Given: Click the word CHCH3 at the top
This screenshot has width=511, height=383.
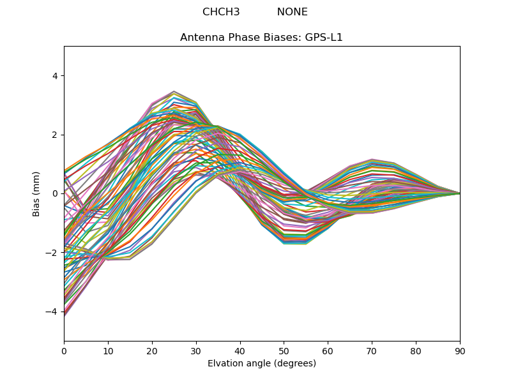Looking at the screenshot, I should click(221, 12).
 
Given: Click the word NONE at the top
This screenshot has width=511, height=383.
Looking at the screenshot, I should click(292, 12).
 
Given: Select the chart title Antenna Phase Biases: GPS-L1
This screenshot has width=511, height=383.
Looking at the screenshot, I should click(261, 38).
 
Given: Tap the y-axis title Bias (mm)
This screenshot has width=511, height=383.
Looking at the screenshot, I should click(36, 193).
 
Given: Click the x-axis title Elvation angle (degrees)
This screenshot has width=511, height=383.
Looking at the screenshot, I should click(261, 363).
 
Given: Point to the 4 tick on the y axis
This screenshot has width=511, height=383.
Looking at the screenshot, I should click(54, 76).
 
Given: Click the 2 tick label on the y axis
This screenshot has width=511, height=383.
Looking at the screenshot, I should click(54, 135).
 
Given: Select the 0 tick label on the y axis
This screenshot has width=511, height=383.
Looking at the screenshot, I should click(54, 193).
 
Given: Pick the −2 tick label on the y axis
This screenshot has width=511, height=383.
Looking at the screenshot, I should click(52, 253).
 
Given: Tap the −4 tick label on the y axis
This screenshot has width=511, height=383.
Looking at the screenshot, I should click(52, 312).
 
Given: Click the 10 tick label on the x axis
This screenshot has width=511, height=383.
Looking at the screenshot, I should click(108, 350).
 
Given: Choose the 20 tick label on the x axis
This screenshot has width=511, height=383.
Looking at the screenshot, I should click(152, 350).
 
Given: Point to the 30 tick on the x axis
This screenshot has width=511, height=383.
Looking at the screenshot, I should click(196, 350).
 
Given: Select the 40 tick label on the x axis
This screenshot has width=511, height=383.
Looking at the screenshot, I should click(240, 350).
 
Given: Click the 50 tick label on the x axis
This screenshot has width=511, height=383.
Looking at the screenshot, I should click(284, 350).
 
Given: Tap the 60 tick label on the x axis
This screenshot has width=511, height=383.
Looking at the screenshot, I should click(328, 350).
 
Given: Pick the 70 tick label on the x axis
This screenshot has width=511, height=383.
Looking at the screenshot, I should click(372, 350).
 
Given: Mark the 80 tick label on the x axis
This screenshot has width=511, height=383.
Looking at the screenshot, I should click(416, 350).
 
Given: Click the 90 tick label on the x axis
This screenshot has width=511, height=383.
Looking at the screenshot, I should click(460, 350).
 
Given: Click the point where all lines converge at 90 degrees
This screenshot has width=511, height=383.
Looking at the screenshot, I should click(459, 193).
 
